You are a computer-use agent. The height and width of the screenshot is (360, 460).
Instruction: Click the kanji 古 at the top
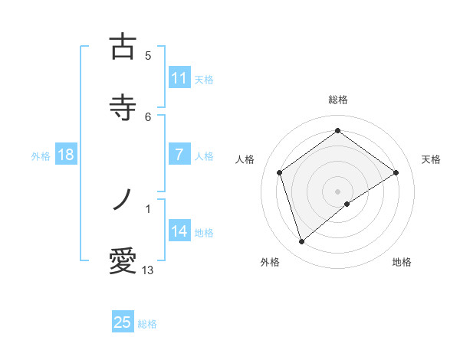pyautogui.click(x=123, y=48)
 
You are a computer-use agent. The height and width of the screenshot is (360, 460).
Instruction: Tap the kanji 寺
pyautogui.click(x=123, y=108)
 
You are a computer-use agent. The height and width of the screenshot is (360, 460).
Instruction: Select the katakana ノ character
pyautogui.click(x=123, y=201)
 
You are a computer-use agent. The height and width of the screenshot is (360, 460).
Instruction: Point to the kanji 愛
pyautogui.click(x=123, y=261)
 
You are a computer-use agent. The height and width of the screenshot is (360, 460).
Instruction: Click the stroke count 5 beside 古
pyautogui.click(x=148, y=55)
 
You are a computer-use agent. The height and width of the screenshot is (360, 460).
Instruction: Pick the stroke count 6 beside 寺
pyautogui.click(x=148, y=116)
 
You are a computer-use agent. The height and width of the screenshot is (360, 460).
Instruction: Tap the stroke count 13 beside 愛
pyautogui.click(x=148, y=270)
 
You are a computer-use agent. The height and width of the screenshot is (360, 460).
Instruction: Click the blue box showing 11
pyautogui.click(x=179, y=78)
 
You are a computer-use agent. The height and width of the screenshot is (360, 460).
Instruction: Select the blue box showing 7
pyautogui.click(x=179, y=155)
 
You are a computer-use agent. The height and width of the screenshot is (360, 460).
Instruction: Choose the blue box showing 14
pyautogui.click(x=179, y=231)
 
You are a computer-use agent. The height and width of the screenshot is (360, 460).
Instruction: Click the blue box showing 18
pyautogui.click(x=66, y=155)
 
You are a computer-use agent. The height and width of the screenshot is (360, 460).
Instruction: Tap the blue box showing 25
pyautogui.click(x=123, y=322)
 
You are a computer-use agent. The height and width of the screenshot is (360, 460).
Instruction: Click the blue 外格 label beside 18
pyautogui.click(x=41, y=155)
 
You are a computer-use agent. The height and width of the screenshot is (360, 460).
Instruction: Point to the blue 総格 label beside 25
pyautogui.click(x=147, y=324)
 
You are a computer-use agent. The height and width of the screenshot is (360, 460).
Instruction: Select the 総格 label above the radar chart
pyautogui.click(x=338, y=100)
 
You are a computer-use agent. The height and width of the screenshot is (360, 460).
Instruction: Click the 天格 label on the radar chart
pyautogui.click(x=431, y=159)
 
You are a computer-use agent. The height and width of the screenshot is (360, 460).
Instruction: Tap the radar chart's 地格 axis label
pyautogui.click(x=402, y=262)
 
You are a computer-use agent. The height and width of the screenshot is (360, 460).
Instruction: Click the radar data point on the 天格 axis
pyautogui.click(x=396, y=172)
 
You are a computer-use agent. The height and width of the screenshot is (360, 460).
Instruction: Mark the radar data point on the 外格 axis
pyautogui.click(x=301, y=242)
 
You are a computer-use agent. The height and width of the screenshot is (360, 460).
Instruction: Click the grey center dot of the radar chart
pyautogui.click(x=338, y=191)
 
